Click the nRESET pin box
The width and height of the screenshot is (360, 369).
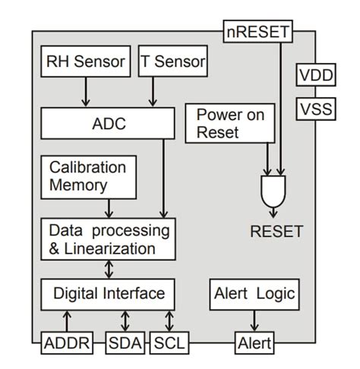pyautogui.click(x=258, y=32)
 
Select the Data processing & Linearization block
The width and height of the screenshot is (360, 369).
pyautogui.click(x=107, y=238)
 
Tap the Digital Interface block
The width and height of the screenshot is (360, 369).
pyautogui.click(x=109, y=292)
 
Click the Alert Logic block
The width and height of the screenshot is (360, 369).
pyautogui.click(x=254, y=293)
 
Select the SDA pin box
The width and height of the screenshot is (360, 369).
pyautogui.click(x=125, y=343)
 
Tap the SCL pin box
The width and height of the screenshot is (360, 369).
pyautogui.click(x=169, y=343)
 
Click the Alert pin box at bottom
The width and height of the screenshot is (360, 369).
pyautogui.click(x=254, y=343)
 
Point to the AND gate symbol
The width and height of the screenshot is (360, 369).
pyautogui.click(x=274, y=190)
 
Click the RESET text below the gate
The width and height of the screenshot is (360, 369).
pyautogui.click(x=276, y=232)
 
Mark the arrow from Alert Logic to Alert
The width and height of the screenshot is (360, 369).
pyautogui.click(x=254, y=320)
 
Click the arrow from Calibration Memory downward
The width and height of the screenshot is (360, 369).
pyautogui.click(x=109, y=207)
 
